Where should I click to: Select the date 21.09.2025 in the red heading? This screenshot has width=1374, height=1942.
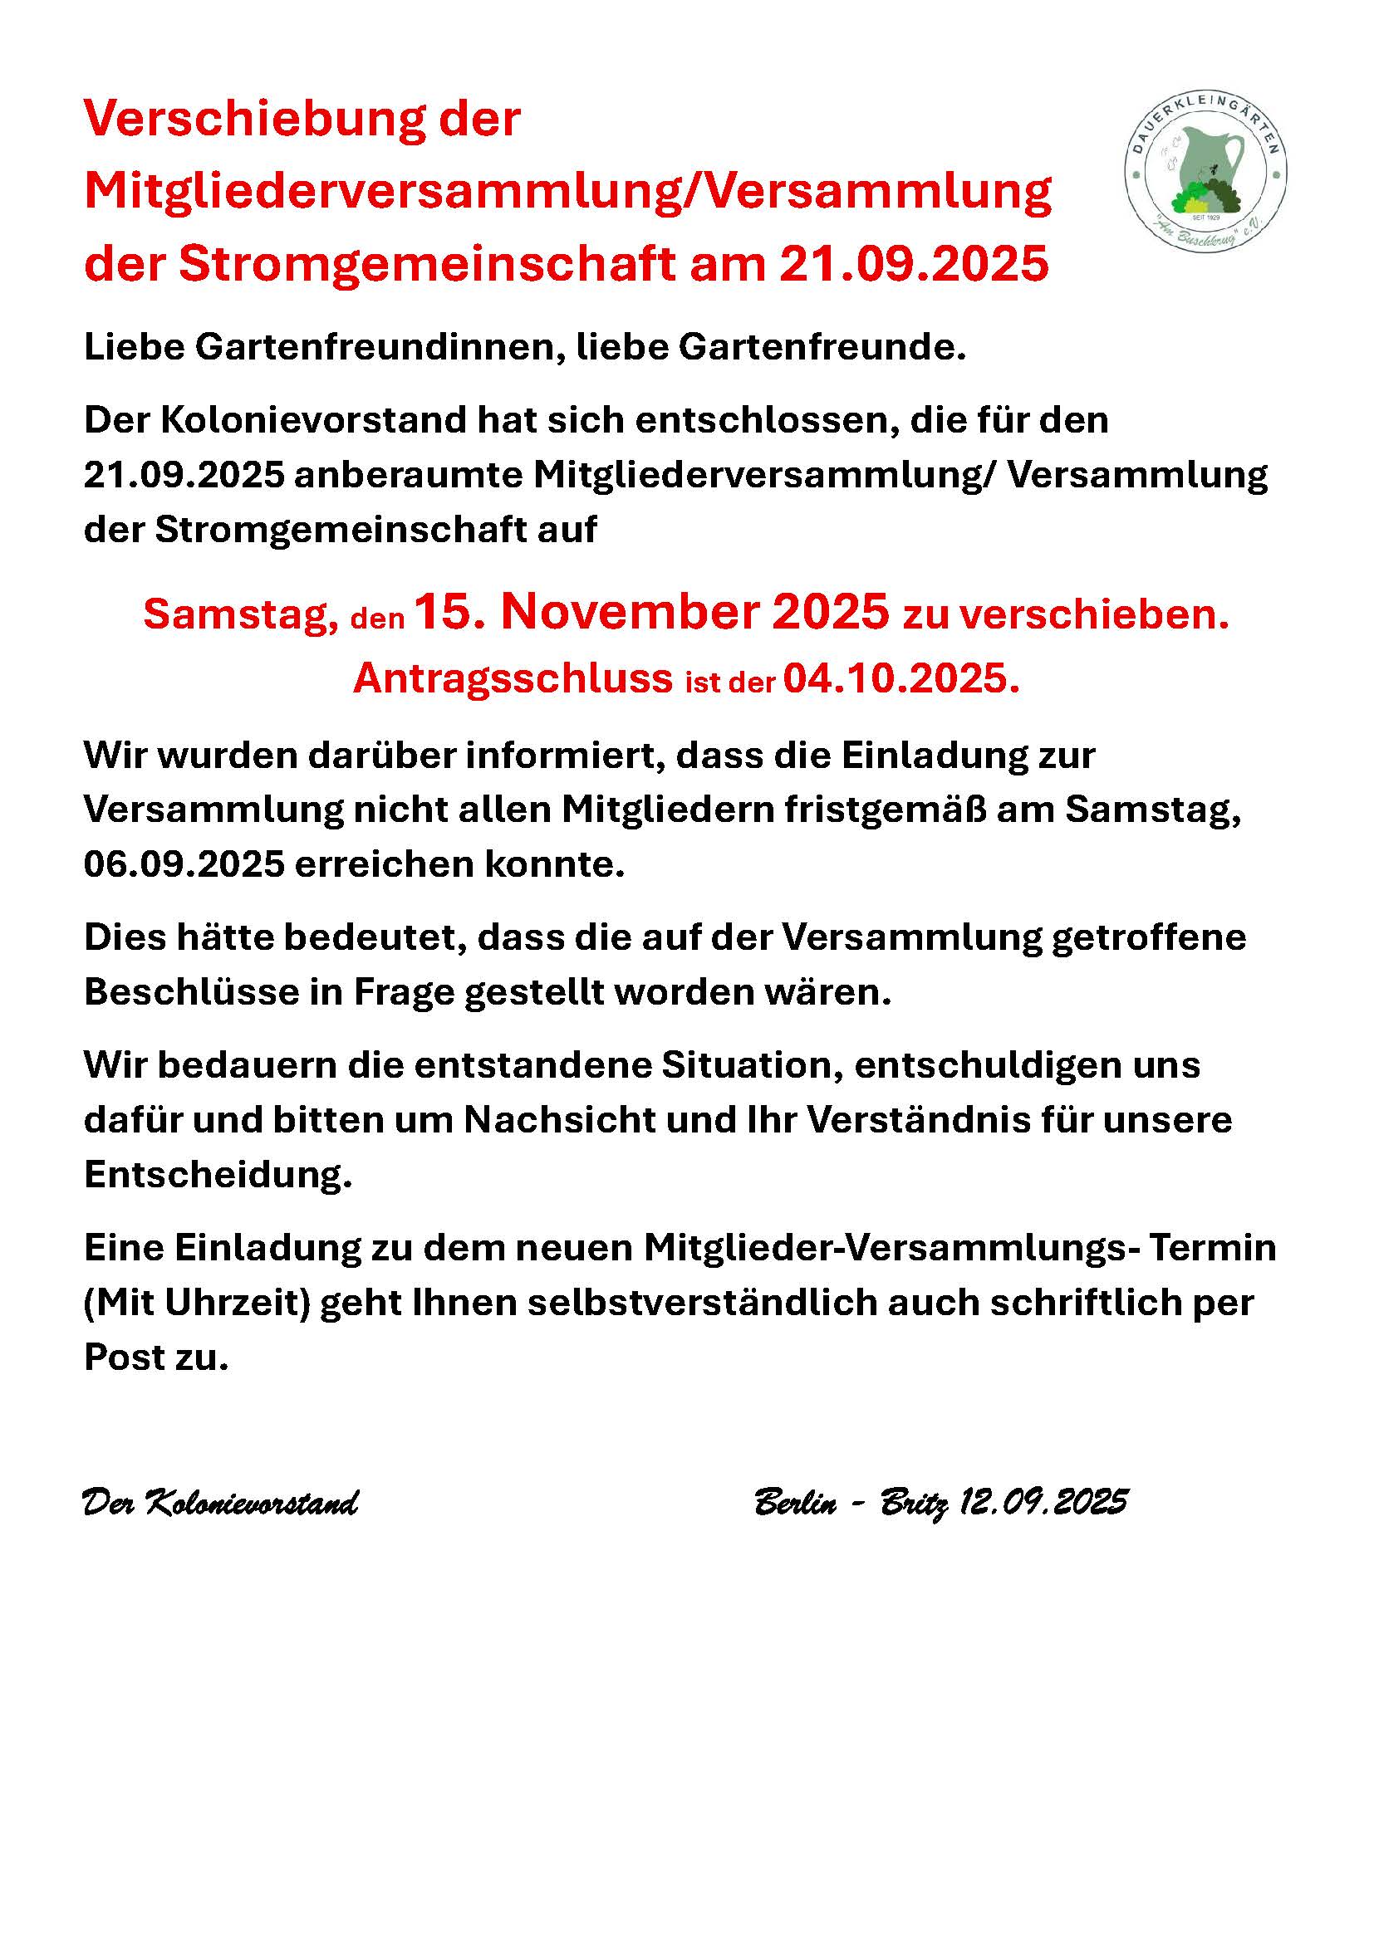click(914, 264)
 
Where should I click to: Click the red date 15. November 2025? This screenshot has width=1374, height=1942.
click(652, 612)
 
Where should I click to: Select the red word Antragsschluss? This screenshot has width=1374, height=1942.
click(513, 677)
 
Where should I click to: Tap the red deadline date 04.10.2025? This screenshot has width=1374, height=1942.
click(901, 677)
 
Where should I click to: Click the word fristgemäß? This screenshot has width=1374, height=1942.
click(885, 810)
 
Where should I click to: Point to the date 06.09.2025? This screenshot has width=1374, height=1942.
click(184, 863)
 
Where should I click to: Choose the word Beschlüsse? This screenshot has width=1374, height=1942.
click(192, 992)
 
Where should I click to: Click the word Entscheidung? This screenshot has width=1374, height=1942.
click(218, 1175)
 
